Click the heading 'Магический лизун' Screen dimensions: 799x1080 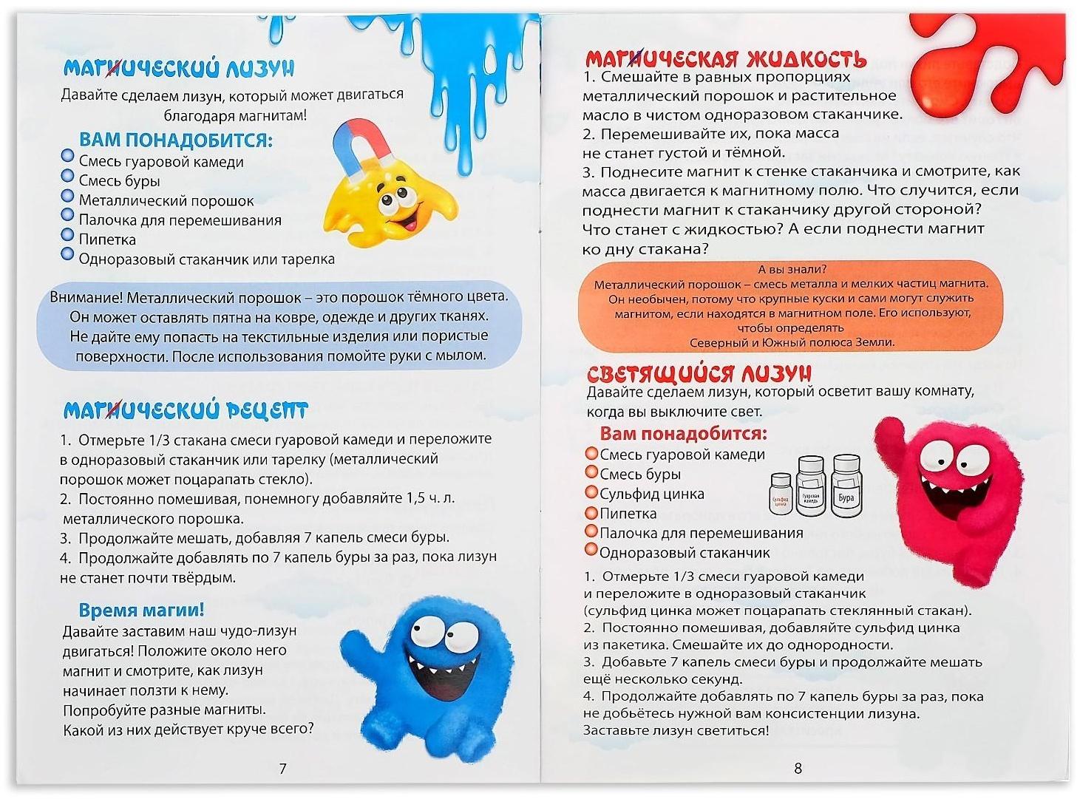[178, 68]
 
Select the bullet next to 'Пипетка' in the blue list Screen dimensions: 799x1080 [67, 237]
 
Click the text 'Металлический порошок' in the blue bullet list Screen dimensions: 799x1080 [166, 200]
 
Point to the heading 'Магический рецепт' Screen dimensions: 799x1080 [185, 410]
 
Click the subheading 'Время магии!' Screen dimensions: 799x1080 [141, 610]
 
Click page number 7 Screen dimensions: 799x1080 [282, 769]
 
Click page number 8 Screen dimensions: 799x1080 [798, 769]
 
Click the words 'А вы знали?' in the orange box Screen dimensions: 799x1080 [792, 269]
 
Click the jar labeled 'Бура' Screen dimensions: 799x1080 [846, 488]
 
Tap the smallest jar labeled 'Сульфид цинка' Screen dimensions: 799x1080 [781, 497]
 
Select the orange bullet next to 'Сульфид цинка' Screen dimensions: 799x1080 [591, 492]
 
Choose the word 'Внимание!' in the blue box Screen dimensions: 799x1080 [86, 297]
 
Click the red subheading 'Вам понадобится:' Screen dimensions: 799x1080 [683, 433]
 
